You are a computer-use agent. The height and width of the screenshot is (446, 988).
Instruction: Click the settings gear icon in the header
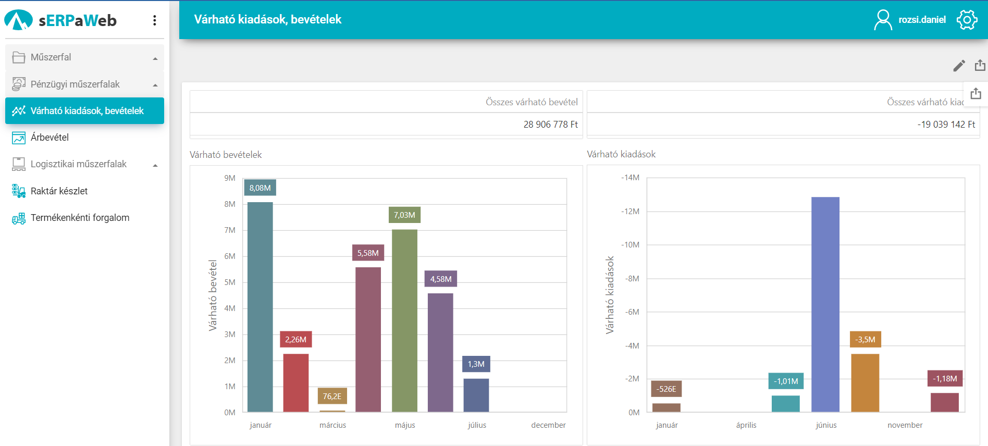[x=967, y=20]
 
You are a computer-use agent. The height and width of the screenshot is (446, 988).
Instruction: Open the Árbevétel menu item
[x=50, y=138]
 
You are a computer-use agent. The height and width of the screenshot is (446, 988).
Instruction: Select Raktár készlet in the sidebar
[x=59, y=191]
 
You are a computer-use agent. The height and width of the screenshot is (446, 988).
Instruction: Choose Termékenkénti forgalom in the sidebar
[x=80, y=218]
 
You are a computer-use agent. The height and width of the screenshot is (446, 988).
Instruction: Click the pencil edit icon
[x=959, y=66]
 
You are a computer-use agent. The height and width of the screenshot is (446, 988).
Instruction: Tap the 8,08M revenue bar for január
[x=260, y=307]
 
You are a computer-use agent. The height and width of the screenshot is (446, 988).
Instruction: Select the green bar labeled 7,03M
[x=404, y=320]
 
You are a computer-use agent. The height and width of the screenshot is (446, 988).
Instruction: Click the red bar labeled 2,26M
[x=295, y=382]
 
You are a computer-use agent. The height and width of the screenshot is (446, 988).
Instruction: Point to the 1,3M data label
[x=476, y=364]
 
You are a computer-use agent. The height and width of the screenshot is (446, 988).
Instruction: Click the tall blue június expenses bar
[x=825, y=304]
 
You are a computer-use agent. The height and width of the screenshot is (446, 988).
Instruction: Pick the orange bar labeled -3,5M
[x=865, y=382]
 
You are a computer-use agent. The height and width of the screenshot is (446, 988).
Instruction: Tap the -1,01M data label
[x=786, y=381]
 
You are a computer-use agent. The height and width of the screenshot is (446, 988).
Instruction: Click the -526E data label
[x=666, y=389]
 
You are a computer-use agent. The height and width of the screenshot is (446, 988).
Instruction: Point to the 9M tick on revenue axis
[x=230, y=178]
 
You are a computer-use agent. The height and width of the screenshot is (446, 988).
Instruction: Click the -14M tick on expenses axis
[x=630, y=178]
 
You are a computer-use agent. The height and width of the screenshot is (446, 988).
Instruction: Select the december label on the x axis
[x=548, y=425]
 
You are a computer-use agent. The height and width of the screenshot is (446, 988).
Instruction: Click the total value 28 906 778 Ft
[x=550, y=125]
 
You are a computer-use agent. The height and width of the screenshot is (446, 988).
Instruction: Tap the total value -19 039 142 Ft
[x=946, y=125]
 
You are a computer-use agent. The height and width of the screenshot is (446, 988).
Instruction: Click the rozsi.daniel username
[x=922, y=20]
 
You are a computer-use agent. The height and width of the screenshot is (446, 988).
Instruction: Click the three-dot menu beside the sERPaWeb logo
[x=155, y=20]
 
